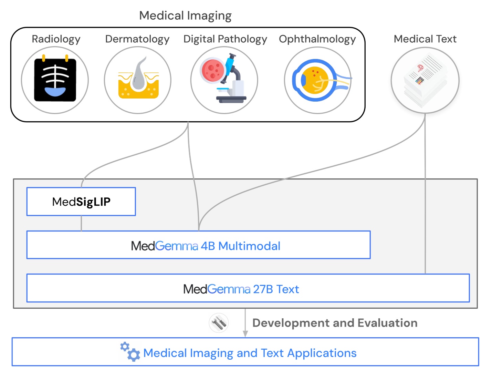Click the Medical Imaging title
pyautogui.click(x=185, y=16)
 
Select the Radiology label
pyautogui.click(x=56, y=39)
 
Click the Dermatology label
pyautogui.click(x=137, y=39)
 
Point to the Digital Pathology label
pyautogui.click(x=225, y=39)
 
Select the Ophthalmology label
pyautogui.click(x=317, y=39)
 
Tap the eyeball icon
pyautogui.click(x=318, y=80)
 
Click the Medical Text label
pyautogui.click(x=425, y=39)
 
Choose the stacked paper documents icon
pyautogui.click(x=425, y=81)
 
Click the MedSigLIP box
pyautogui.click(x=81, y=202)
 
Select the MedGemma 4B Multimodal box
pyautogui.click(x=198, y=245)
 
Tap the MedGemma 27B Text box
pyautogui.click(x=248, y=288)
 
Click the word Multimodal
pyautogui.click(x=249, y=246)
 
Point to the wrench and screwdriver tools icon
pyautogui.click(x=219, y=323)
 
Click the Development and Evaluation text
pyautogui.click(x=335, y=323)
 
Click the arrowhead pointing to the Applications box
pyautogui.click(x=245, y=333)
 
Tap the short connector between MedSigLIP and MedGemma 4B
pyautogui.click(x=81, y=223)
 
